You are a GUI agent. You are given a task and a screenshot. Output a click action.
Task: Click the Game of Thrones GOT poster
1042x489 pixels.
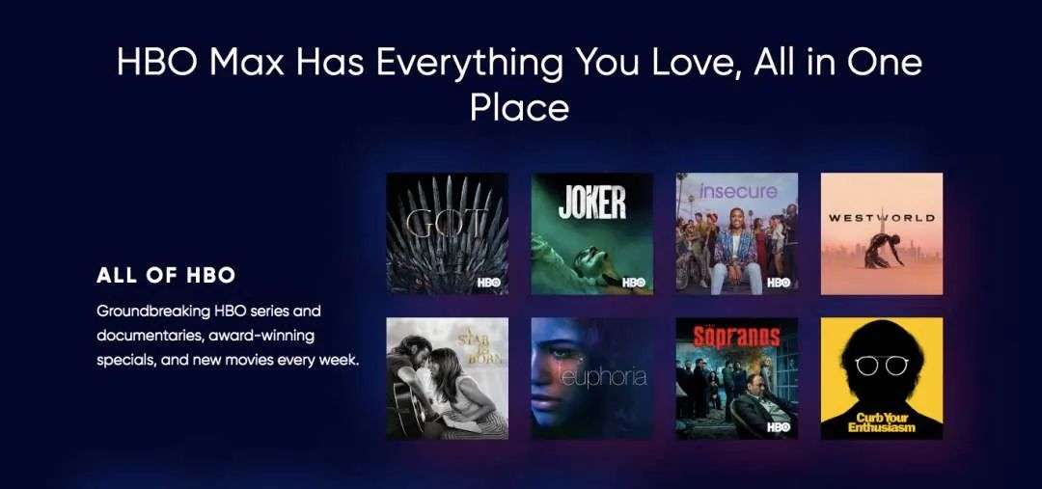(x=448, y=233)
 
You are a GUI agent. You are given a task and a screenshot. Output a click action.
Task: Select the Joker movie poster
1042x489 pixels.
(x=591, y=233)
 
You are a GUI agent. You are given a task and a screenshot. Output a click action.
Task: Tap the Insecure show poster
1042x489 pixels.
(x=737, y=233)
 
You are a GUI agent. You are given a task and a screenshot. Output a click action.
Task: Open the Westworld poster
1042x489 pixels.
(x=882, y=233)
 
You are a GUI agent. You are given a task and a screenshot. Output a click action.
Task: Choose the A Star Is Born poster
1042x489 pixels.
(x=448, y=378)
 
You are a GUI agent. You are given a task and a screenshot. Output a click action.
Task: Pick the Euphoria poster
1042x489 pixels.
(x=591, y=378)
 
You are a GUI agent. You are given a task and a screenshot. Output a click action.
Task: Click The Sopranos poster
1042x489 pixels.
(x=737, y=378)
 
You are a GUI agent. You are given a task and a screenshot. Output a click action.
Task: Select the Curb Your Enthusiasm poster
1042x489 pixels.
(x=882, y=378)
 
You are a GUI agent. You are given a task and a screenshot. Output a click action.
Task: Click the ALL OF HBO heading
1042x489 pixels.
(x=166, y=276)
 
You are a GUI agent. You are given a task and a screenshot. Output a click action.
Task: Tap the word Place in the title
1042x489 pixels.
(x=519, y=107)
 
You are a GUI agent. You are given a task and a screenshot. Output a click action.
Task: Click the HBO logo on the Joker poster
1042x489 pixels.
(x=633, y=283)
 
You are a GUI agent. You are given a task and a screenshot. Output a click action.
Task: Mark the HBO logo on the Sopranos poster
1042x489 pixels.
(x=779, y=427)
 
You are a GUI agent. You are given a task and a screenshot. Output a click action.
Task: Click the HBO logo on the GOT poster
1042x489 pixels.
(x=489, y=283)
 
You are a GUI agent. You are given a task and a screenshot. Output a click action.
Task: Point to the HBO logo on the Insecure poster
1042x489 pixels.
(x=779, y=283)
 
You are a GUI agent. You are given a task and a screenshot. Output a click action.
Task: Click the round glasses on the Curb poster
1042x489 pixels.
(x=882, y=365)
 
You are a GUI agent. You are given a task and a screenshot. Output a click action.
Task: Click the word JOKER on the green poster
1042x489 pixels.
(x=592, y=203)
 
